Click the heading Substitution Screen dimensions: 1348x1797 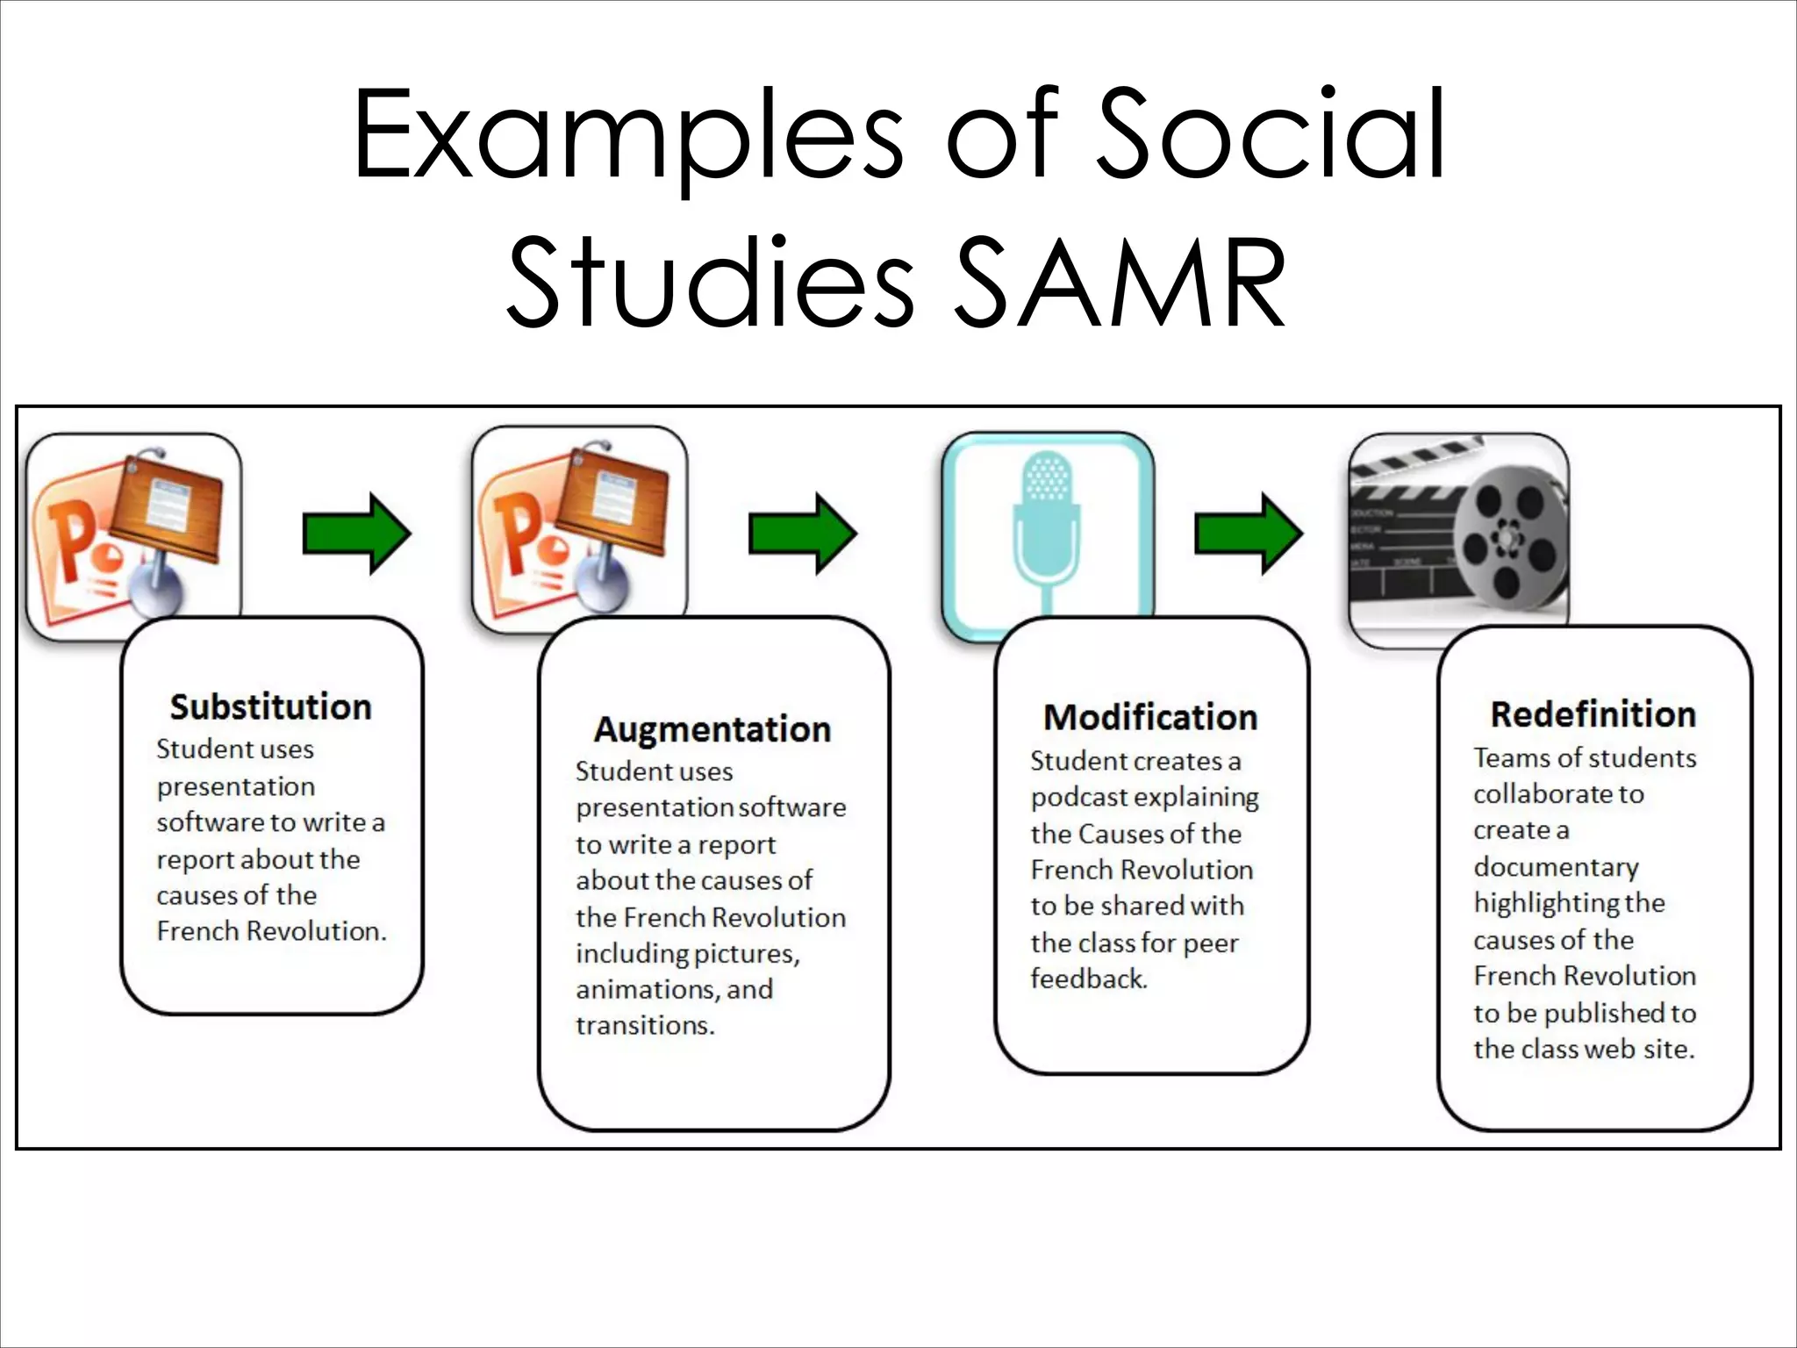[x=270, y=706]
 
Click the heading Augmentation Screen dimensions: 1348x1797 [x=712, y=729]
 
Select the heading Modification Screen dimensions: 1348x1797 [x=1150, y=717]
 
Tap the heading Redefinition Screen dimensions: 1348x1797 [x=1593, y=714]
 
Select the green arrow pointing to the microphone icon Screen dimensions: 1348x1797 [x=802, y=534]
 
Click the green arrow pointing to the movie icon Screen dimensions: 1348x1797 [x=1249, y=534]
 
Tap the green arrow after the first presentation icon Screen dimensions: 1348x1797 [x=356, y=534]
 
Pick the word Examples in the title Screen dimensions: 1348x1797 [x=628, y=136]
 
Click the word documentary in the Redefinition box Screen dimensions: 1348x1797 [x=1556, y=867]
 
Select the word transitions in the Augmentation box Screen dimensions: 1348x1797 [x=645, y=1025]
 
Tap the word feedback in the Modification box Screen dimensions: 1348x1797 [x=1088, y=979]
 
